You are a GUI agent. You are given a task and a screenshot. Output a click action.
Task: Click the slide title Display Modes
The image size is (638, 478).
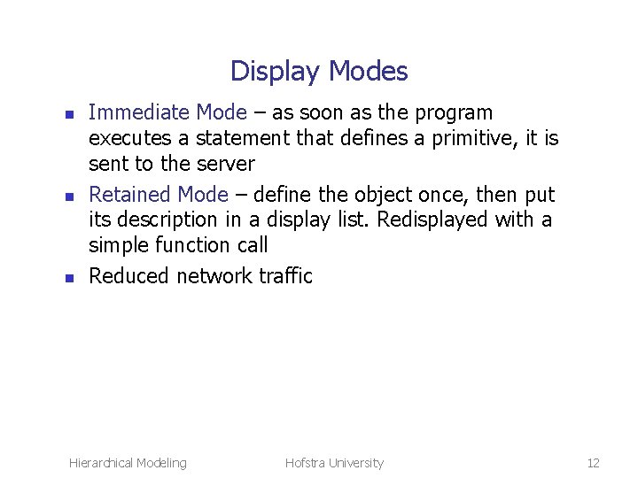tap(319, 71)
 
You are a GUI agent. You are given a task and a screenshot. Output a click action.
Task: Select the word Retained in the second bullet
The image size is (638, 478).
tap(130, 194)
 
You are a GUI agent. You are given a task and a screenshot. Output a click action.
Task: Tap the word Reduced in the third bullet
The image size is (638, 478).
tap(129, 275)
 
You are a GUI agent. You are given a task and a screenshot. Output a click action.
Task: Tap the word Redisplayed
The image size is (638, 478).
tap(423, 219)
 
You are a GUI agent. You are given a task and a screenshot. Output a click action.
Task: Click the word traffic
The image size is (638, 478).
tap(285, 275)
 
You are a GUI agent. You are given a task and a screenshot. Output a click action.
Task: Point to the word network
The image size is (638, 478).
tap(214, 275)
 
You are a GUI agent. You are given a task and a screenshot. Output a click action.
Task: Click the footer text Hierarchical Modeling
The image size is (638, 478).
tap(128, 462)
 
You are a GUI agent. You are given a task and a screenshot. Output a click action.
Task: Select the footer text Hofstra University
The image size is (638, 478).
tap(334, 462)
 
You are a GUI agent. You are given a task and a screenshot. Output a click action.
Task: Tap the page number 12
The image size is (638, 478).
tap(593, 462)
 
